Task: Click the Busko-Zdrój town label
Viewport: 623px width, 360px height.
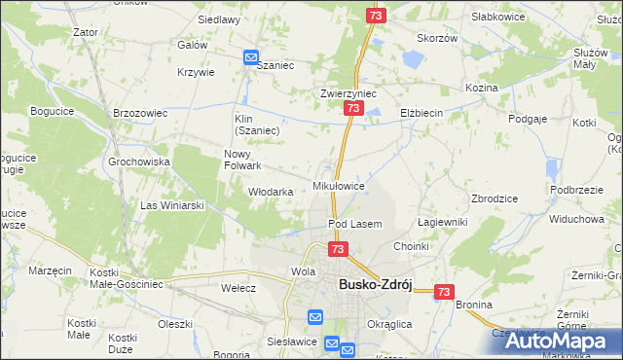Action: pos(375,284)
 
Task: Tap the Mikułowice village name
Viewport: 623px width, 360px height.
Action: pos(338,185)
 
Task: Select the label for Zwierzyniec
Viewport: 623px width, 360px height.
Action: pos(348,94)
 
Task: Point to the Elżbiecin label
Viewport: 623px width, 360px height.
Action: pos(421,114)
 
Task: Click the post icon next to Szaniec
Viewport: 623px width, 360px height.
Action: pos(251,58)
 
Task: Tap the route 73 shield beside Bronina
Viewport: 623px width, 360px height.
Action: pos(445,291)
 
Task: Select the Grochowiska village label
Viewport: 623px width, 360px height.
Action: pos(139,162)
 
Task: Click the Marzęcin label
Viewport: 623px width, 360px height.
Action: pos(51,270)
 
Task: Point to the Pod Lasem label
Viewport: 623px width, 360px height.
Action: pos(354,224)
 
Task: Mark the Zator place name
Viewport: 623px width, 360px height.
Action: pos(86,32)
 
